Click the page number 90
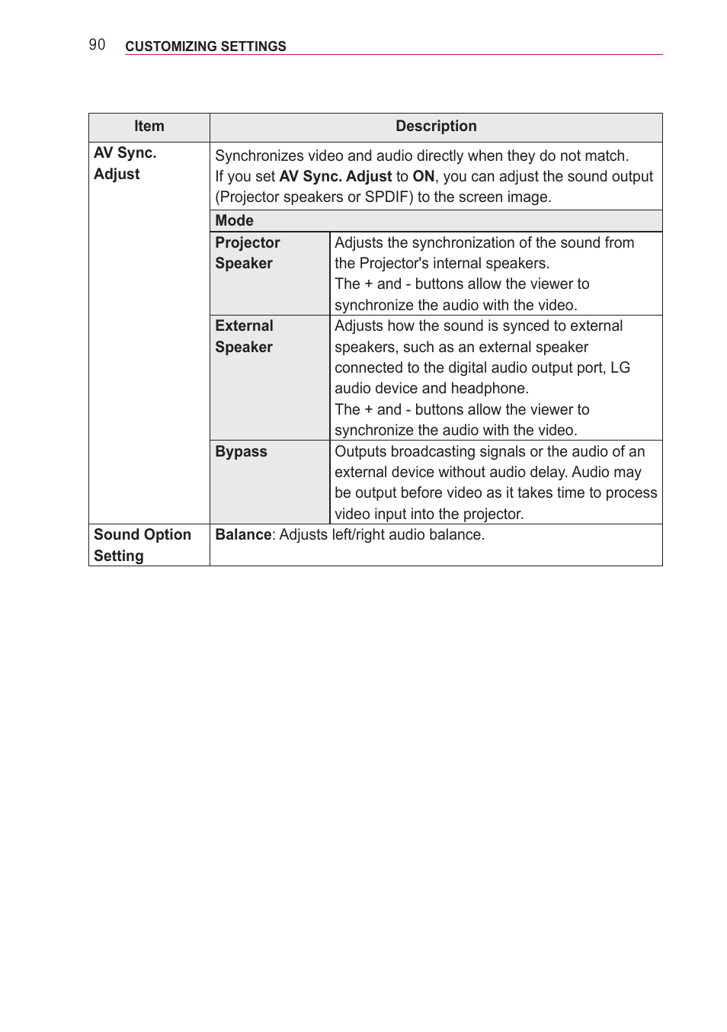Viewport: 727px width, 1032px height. pos(97,45)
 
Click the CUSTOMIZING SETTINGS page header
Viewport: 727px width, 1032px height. pos(205,46)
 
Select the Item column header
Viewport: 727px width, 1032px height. pos(149,127)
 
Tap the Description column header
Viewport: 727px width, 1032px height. pos(436,127)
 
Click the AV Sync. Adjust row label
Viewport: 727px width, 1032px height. pos(125,163)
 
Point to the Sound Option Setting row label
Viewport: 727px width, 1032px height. pos(142,545)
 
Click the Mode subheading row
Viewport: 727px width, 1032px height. pos(234,220)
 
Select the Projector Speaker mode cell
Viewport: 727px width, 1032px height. pos(247,253)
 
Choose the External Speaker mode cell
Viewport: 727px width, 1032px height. pos(244,336)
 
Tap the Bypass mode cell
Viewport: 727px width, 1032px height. pos(241,451)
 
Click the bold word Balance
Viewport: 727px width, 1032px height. pos(243,535)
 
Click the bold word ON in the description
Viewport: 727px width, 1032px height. pos(423,176)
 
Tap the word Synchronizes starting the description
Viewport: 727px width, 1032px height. pos(259,155)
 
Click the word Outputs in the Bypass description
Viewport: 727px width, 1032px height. pos(360,451)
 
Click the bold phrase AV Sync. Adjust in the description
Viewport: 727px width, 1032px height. pos(335,176)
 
